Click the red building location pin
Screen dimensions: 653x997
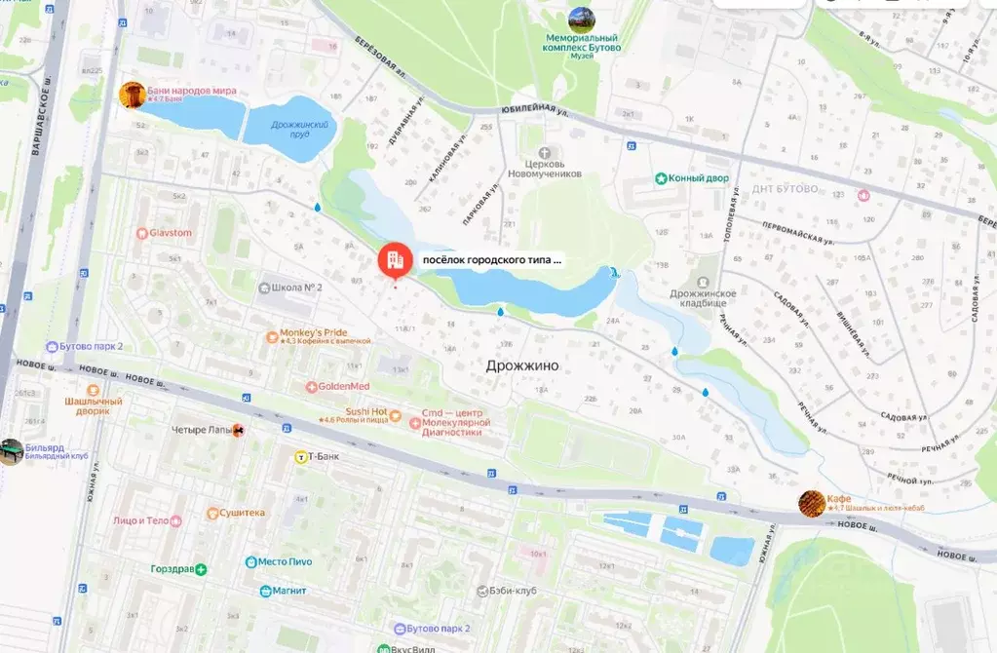394,259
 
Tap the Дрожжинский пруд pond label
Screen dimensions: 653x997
304,129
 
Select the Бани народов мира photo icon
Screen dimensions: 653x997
133,95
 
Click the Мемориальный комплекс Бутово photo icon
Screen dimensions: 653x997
582,19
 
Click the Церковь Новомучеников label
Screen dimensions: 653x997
544,168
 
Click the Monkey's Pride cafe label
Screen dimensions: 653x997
313,334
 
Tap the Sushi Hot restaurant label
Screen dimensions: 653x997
365,412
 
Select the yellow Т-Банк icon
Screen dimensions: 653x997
302,456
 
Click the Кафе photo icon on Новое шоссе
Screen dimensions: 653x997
811,503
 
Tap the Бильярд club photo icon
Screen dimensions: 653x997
11,451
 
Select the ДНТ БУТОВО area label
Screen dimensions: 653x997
786,188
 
